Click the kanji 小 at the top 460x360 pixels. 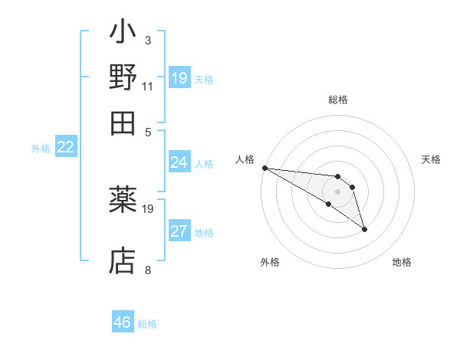click(x=123, y=34)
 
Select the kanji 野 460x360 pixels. click(x=123, y=78)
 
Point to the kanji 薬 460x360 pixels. click(x=123, y=201)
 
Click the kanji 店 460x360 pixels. click(x=123, y=260)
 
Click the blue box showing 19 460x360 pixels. click(x=179, y=78)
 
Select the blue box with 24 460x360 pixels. click(x=179, y=162)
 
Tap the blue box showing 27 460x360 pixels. click(x=179, y=231)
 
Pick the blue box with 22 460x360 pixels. click(x=65, y=148)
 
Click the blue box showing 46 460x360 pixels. click(x=123, y=322)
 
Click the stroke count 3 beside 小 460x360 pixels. click(x=147, y=40)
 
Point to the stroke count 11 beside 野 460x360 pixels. click(x=147, y=86)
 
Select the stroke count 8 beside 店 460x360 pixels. click(x=147, y=270)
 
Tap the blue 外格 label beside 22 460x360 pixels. click(x=41, y=149)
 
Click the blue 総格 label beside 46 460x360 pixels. click(x=147, y=324)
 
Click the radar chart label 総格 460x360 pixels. click(x=337, y=100)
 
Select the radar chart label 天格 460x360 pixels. click(x=431, y=159)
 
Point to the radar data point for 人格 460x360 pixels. click(x=264, y=168)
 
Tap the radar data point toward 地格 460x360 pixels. click(x=364, y=229)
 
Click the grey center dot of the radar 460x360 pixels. click(x=337, y=191)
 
